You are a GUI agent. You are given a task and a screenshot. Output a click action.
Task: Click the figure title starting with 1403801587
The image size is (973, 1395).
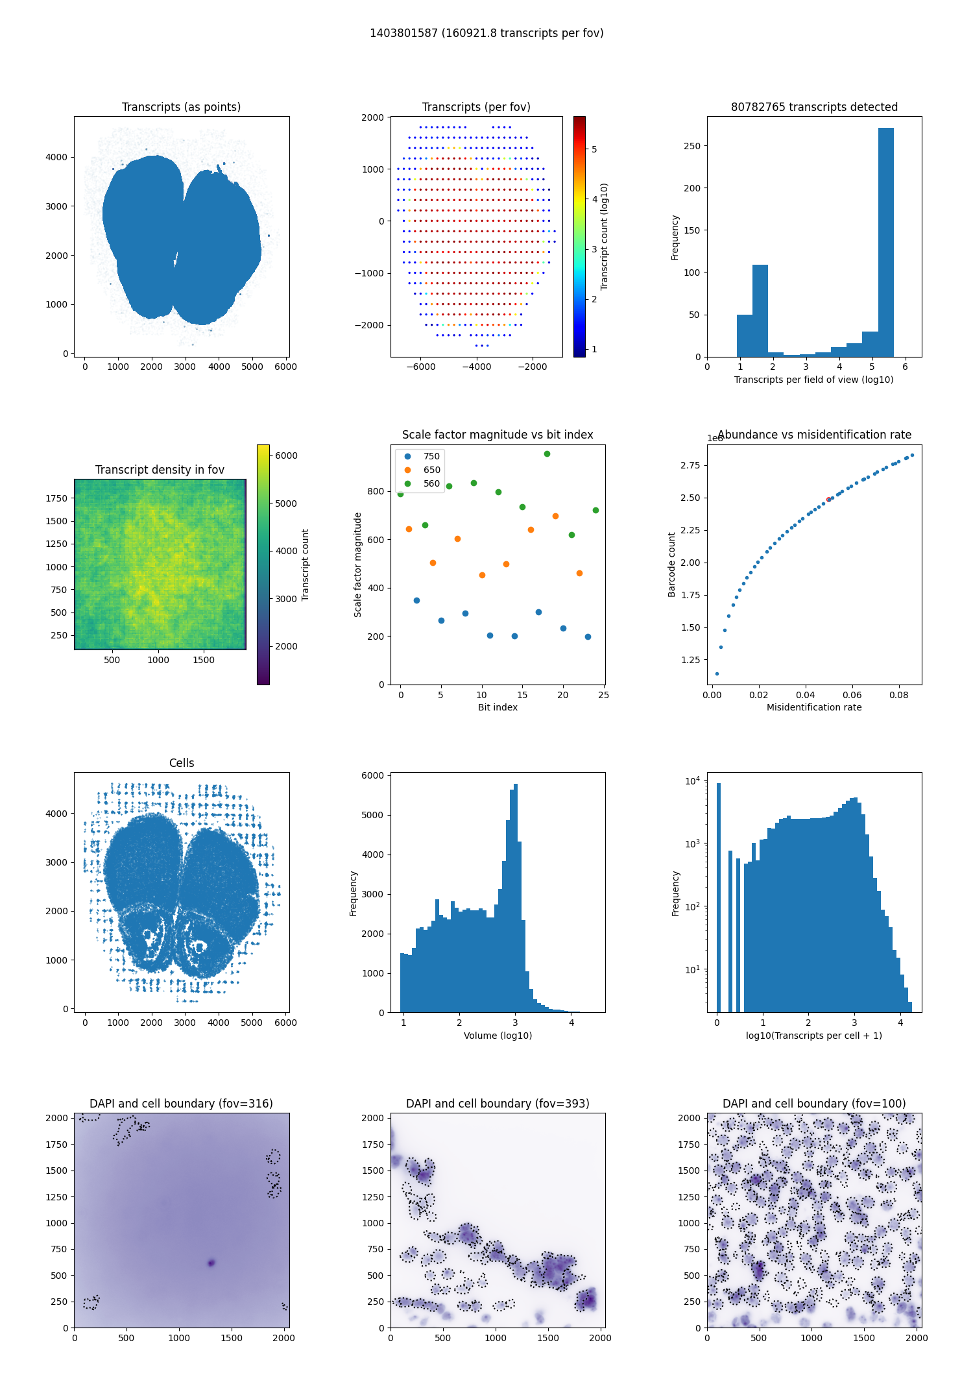(x=486, y=33)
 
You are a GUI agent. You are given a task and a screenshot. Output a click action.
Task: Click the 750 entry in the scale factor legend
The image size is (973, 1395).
(x=431, y=456)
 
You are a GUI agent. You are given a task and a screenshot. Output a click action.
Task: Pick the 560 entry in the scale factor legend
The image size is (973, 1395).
(x=431, y=483)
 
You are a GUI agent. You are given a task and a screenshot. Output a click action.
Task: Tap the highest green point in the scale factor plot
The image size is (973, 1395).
(x=547, y=454)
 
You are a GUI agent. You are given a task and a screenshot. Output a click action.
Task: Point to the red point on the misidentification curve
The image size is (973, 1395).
(x=828, y=499)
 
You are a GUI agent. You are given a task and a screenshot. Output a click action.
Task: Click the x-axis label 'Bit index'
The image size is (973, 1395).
(x=498, y=707)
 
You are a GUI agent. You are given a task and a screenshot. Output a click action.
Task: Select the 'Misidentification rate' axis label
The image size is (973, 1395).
(x=814, y=707)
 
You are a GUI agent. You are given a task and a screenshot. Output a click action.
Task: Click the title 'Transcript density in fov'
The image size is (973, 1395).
(x=160, y=470)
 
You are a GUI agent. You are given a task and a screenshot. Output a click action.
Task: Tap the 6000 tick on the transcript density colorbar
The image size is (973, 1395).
(x=286, y=455)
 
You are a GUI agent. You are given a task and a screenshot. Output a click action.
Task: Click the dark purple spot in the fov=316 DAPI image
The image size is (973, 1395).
(x=211, y=1263)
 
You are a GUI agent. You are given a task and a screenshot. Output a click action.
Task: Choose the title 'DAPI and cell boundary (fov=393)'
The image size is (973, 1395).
(x=498, y=1104)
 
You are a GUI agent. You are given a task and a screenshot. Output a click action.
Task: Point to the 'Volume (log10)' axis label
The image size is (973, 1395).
(x=498, y=1036)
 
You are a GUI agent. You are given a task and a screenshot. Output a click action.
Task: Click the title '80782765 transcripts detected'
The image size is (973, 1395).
(x=814, y=107)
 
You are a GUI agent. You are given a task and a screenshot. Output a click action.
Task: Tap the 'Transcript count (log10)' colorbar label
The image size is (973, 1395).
(x=605, y=236)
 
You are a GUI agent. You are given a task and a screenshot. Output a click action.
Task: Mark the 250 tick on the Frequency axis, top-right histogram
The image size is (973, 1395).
(x=692, y=146)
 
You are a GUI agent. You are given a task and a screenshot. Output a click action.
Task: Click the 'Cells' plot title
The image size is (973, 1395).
(x=182, y=763)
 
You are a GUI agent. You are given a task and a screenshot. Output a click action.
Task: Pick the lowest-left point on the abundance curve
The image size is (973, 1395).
(x=717, y=673)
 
